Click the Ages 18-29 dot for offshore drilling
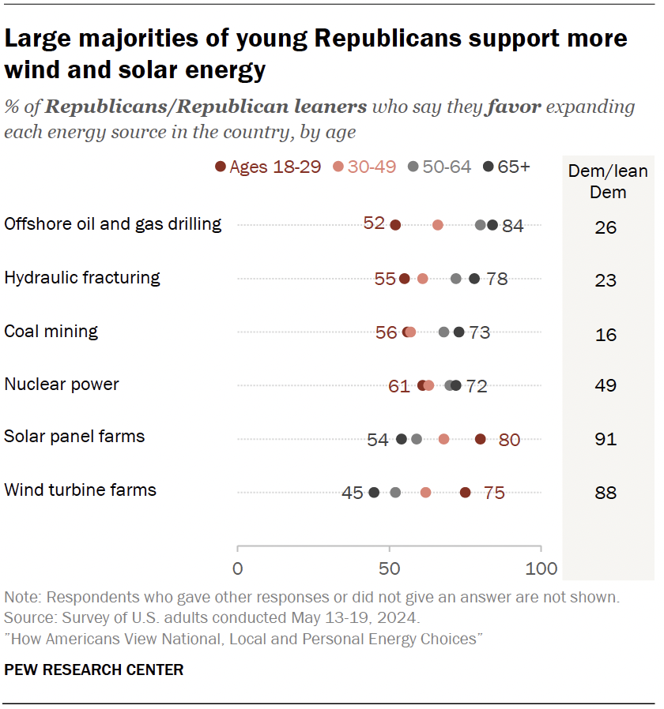[x=395, y=225]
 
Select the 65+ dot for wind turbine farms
[x=374, y=492]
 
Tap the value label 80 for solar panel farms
[x=509, y=440]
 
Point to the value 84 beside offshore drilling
[x=513, y=226]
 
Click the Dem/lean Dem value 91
[x=606, y=439]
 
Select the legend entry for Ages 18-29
[x=268, y=167]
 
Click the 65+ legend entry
[x=507, y=167]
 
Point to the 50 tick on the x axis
[x=389, y=568]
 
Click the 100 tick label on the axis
[x=541, y=568]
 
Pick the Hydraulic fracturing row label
[x=82, y=278]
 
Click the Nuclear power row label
[x=62, y=385]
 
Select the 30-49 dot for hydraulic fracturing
[x=422, y=279]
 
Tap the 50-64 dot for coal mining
[x=443, y=332]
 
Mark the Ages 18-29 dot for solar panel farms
[x=481, y=439]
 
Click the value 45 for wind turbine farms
[x=353, y=493]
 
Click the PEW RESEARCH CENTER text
[x=94, y=670]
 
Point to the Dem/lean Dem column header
[x=608, y=181]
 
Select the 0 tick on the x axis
[x=237, y=568]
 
